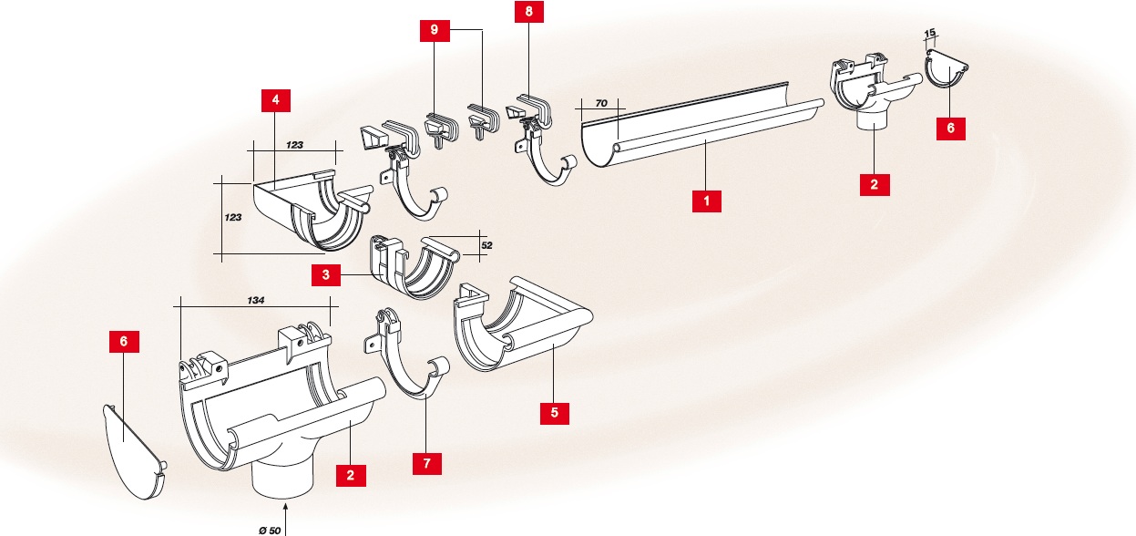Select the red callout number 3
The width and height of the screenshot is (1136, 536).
(x=324, y=275)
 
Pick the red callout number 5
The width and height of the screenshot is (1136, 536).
(x=555, y=413)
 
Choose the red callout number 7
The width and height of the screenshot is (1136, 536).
(x=426, y=462)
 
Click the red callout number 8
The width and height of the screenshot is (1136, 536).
(x=528, y=14)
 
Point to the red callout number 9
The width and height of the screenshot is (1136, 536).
(x=435, y=30)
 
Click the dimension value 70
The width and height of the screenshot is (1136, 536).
(x=601, y=104)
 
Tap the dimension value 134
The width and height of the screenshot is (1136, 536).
(x=256, y=299)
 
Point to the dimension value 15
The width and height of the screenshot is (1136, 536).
(x=929, y=35)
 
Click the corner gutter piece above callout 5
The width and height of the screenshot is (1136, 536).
(x=519, y=324)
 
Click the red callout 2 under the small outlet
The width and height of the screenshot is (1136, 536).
(x=874, y=183)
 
